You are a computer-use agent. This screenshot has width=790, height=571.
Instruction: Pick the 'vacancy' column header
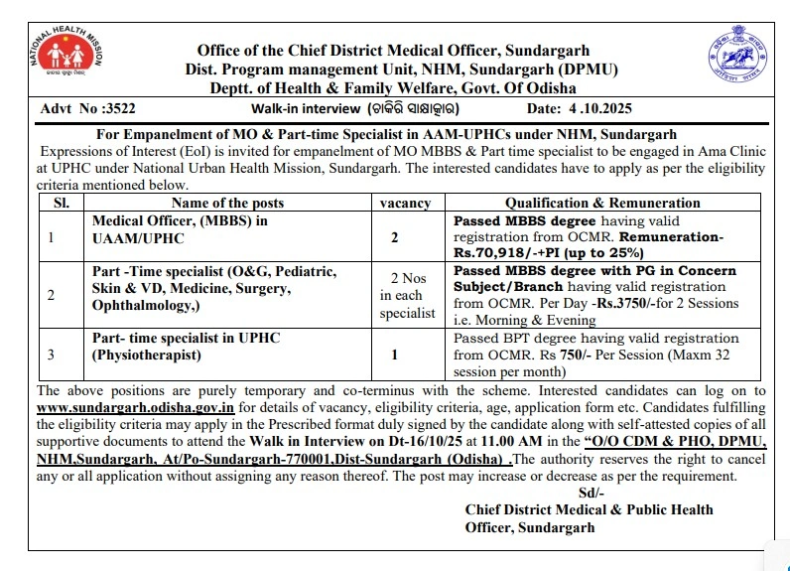click(406, 203)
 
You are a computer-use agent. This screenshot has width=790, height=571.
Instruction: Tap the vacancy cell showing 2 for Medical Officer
click(395, 238)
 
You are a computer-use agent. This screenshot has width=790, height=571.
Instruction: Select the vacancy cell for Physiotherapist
click(395, 354)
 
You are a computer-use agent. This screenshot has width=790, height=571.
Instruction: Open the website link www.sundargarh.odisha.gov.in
click(136, 407)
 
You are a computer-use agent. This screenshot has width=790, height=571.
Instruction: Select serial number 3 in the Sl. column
click(52, 354)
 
